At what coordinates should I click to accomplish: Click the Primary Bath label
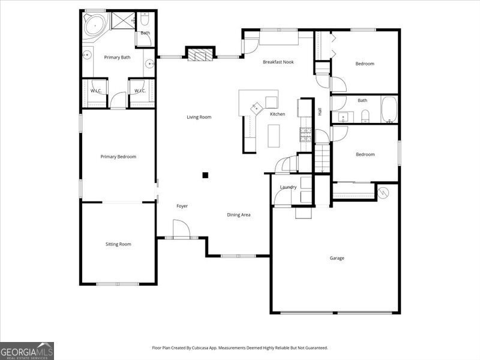point(117,58)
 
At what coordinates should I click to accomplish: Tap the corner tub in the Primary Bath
point(94,27)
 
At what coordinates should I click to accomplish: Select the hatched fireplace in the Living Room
point(200,55)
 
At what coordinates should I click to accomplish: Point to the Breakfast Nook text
point(278,62)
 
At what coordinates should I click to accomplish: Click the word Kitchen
point(277,114)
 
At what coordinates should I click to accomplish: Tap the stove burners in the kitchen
point(305,135)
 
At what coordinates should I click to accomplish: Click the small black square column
point(205,175)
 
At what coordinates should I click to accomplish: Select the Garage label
point(337,258)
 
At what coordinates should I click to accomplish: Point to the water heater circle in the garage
point(383,192)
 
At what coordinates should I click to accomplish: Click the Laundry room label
point(288,187)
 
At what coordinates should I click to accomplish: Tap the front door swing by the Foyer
point(181,229)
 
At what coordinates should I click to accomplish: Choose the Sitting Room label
point(118,244)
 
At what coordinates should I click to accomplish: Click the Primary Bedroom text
point(118,157)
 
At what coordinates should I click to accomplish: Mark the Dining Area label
point(238,215)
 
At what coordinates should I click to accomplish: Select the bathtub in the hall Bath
point(389,110)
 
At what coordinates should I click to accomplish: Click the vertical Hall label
point(320,112)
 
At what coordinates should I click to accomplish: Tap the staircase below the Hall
point(322,158)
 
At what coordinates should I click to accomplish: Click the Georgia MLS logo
point(27,350)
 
